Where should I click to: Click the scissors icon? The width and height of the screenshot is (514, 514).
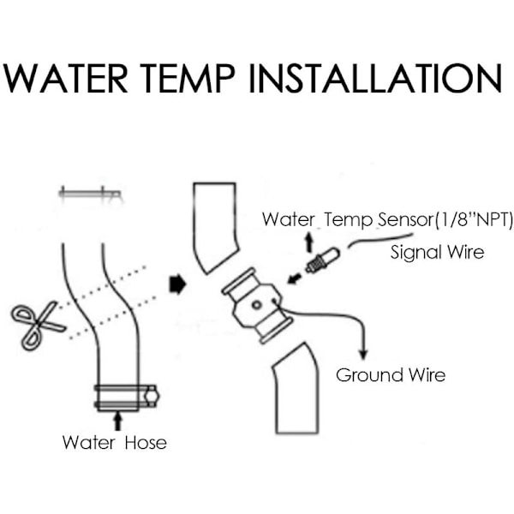click(38, 322)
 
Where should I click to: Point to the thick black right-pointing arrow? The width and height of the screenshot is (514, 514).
click(177, 284)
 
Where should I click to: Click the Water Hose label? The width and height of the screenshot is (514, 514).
click(114, 443)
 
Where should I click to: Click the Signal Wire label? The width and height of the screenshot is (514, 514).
click(437, 253)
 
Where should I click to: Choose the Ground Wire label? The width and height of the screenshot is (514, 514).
click(391, 374)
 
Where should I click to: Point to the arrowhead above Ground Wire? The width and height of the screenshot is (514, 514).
click(366, 354)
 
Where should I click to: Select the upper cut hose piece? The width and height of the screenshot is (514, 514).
click(214, 224)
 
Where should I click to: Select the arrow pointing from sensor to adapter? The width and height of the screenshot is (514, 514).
click(293, 276)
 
